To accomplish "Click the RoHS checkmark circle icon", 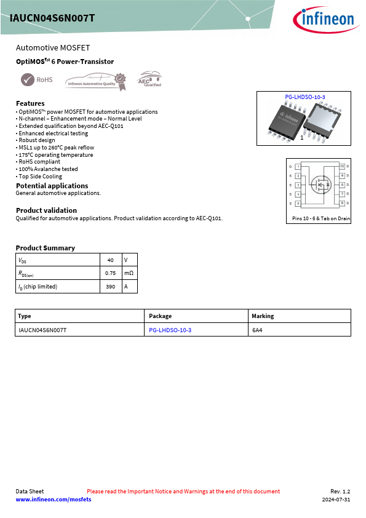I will [28, 79].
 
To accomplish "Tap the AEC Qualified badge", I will [149, 80].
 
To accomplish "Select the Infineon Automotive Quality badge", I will [96, 79].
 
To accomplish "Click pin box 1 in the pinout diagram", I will [298, 167].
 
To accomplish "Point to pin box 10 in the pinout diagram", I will [342, 167].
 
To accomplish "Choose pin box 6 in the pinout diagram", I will [342, 203].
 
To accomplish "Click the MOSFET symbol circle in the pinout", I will [320, 184].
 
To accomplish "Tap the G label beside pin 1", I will [290, 167].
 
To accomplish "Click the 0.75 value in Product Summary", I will [111, 273].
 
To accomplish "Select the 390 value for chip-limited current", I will [111, 287].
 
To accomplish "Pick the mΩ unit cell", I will [129, 273].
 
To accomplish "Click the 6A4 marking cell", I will [257, 330].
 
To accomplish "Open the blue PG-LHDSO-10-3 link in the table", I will [170, 330].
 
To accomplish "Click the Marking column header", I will [263, 316].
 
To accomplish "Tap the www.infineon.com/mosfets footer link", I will [54, 500].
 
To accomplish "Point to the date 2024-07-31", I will [336, 500].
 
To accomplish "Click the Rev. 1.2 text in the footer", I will [340, 492].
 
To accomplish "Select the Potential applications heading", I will [52, 186].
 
